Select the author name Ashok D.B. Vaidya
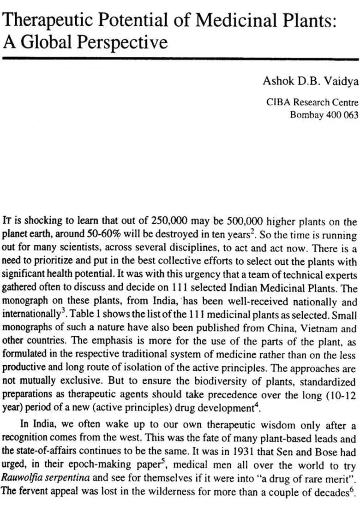click(310, 81)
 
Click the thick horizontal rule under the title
click(180, 59)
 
